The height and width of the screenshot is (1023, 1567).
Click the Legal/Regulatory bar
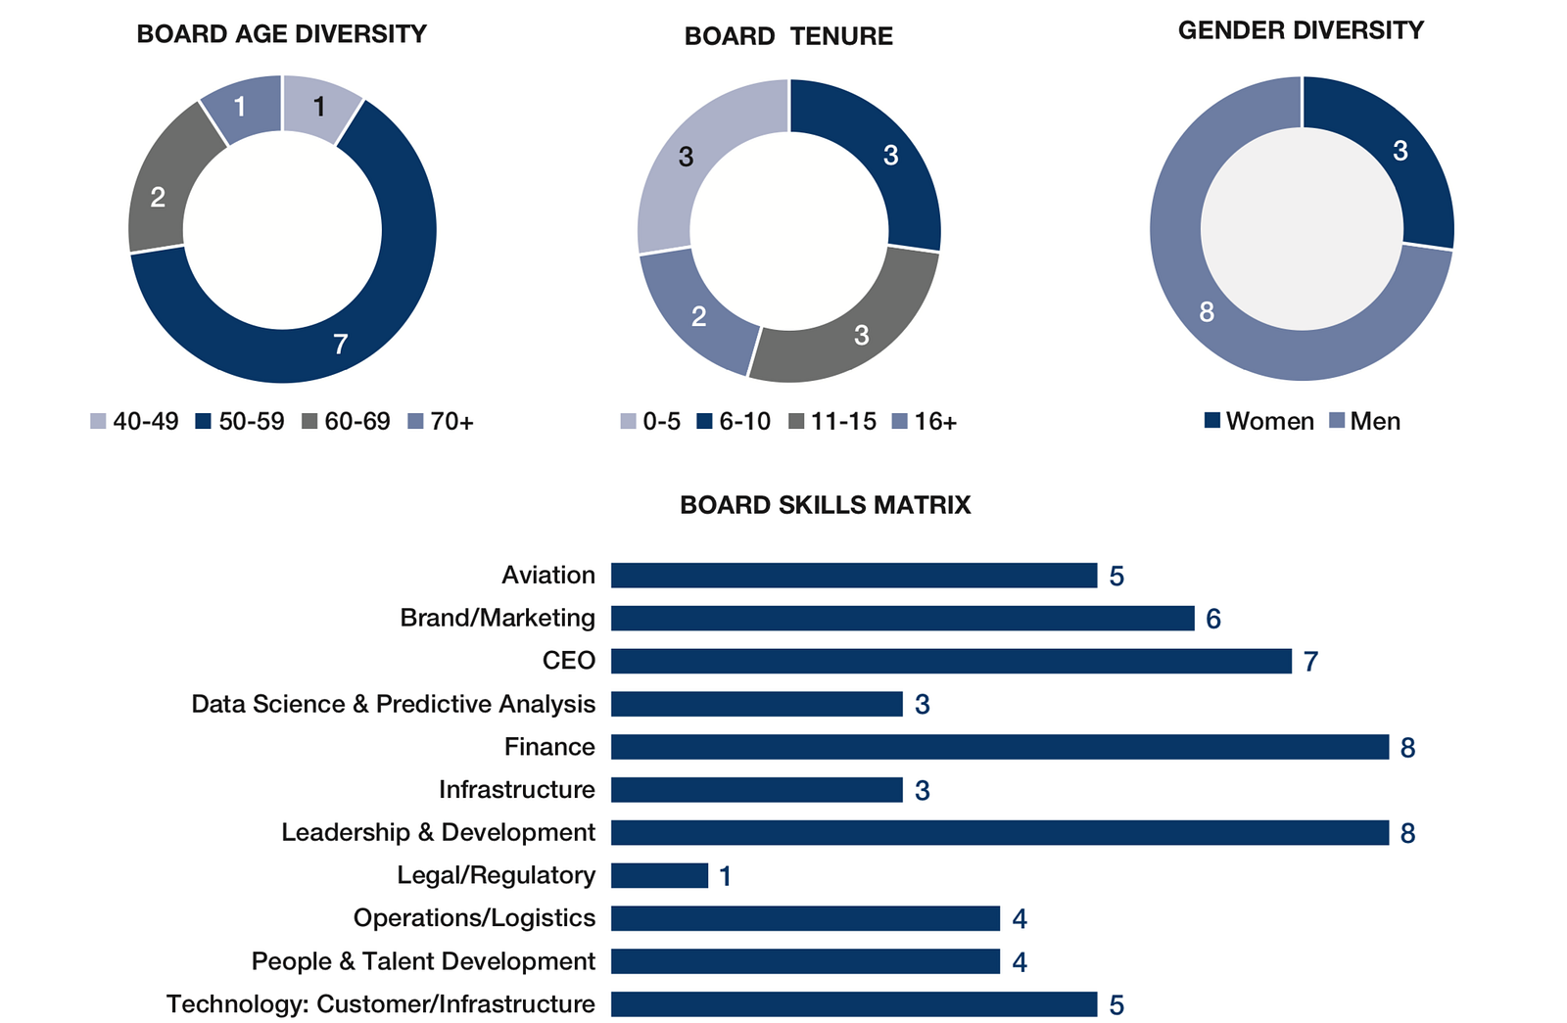coord(659,875)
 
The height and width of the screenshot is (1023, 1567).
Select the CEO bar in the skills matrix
coord(950,661)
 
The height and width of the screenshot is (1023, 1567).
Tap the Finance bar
coord(999,747)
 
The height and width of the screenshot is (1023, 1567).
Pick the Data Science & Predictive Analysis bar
coord(756,704)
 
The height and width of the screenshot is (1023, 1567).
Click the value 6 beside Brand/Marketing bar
coord(1213,619)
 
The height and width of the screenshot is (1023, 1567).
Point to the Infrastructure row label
coord(516,789)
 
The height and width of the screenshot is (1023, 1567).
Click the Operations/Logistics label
coord(474,918)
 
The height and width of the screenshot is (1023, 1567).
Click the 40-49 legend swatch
coord(98,422)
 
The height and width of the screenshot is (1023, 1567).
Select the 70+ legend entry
coord(441,422)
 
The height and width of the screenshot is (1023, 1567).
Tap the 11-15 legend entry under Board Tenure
coord(832,422)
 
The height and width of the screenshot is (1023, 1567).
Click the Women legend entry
coord(1258,422)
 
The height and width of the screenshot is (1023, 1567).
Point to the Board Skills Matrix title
coord(825,505)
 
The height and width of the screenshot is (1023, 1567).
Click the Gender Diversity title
coord(1301,31)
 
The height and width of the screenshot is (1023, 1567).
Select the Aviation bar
coord(853,576)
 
